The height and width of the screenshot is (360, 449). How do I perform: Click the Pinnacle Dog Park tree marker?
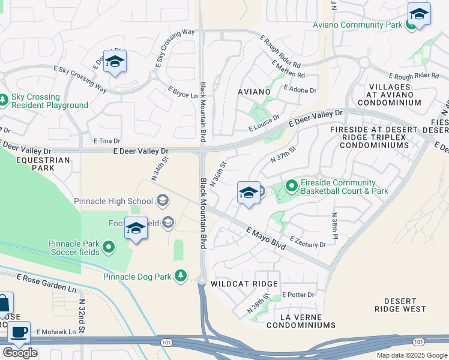click(x=181, y=276)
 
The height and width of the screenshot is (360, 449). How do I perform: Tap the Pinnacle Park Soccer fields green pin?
click(x=109, y=247)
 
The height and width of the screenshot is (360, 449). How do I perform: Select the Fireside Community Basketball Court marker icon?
click(x=292, y=187)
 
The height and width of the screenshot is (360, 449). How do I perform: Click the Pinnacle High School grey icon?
click(x=163, y=200)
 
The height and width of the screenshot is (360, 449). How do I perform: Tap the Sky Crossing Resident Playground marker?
click(x=3, y=101)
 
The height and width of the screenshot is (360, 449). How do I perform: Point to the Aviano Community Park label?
click(x=357, y=25)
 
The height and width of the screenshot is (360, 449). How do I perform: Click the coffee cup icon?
click(x=18, y=332)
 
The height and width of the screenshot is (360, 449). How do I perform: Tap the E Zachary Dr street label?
click(x=307, y=242)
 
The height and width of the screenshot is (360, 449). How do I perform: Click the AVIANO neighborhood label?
click(x=255, y=92)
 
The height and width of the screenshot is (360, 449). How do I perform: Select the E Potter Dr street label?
click(x=298, y=295)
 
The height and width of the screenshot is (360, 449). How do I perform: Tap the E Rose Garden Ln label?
click(x=47, y=283)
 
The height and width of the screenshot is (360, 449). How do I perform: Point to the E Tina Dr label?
click(x=106, y=140)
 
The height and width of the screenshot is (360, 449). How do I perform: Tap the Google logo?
click(x=20, y=353)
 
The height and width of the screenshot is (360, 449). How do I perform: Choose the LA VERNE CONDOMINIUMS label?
click(x=301, y=321)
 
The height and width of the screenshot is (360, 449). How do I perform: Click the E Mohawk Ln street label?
click(x=56, y=332)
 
